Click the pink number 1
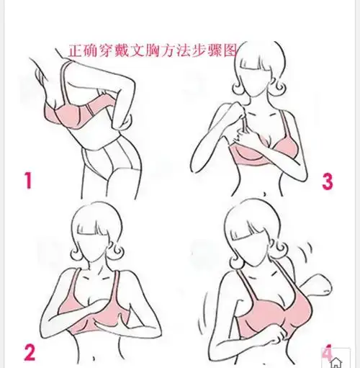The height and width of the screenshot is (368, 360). coord(28,179)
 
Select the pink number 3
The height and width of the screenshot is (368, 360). coord(327,181)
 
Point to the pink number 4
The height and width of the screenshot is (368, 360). coord(326,353)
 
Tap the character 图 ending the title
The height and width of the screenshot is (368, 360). coord(230,51)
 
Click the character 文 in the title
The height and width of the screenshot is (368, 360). coord(134,51)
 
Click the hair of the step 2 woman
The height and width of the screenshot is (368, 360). coord(94,220)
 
